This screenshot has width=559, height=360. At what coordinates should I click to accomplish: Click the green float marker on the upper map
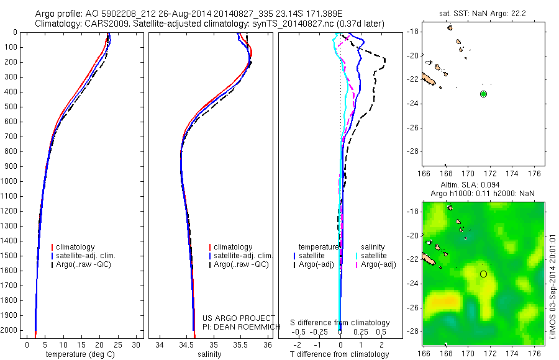[483, 94]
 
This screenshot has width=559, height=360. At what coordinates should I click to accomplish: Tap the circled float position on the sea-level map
[483, 274]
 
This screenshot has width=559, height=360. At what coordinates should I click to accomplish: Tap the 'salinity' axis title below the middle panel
[210, 354]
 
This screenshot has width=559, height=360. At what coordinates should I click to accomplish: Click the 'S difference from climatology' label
[340, 323]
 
